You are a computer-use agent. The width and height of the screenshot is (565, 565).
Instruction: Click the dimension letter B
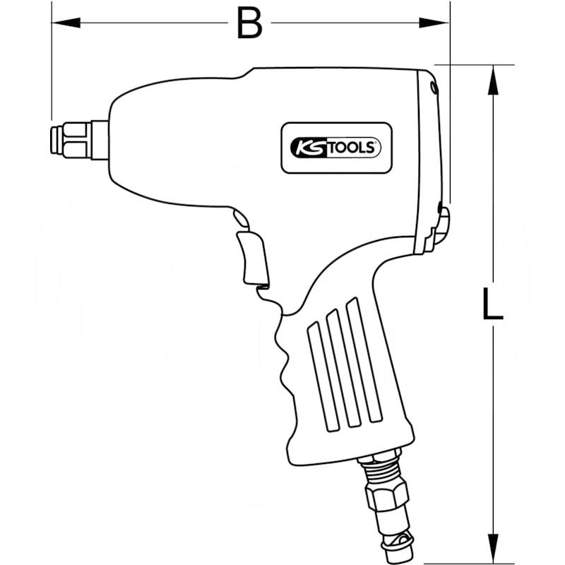249,23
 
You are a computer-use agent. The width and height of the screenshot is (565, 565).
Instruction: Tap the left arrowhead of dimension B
66,23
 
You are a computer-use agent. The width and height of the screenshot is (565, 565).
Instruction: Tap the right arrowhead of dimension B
434,23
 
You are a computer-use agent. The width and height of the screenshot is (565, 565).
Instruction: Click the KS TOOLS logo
335,148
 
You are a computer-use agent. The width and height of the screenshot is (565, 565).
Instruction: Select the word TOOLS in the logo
352,148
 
